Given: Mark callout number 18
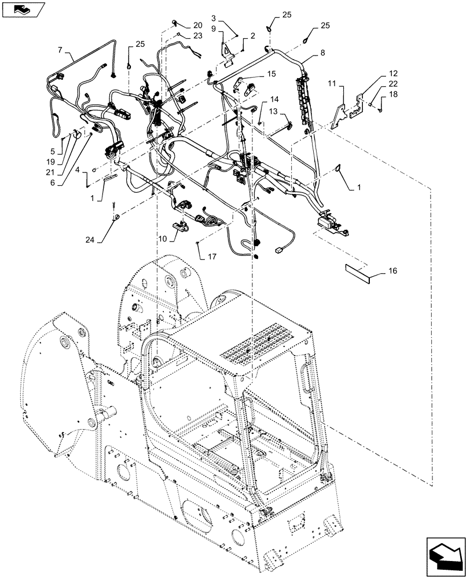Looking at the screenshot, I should (392, 94).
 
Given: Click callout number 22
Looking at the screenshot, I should (392, 84).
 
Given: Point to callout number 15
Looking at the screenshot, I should (271, 74).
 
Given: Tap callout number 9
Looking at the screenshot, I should (214, 29).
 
